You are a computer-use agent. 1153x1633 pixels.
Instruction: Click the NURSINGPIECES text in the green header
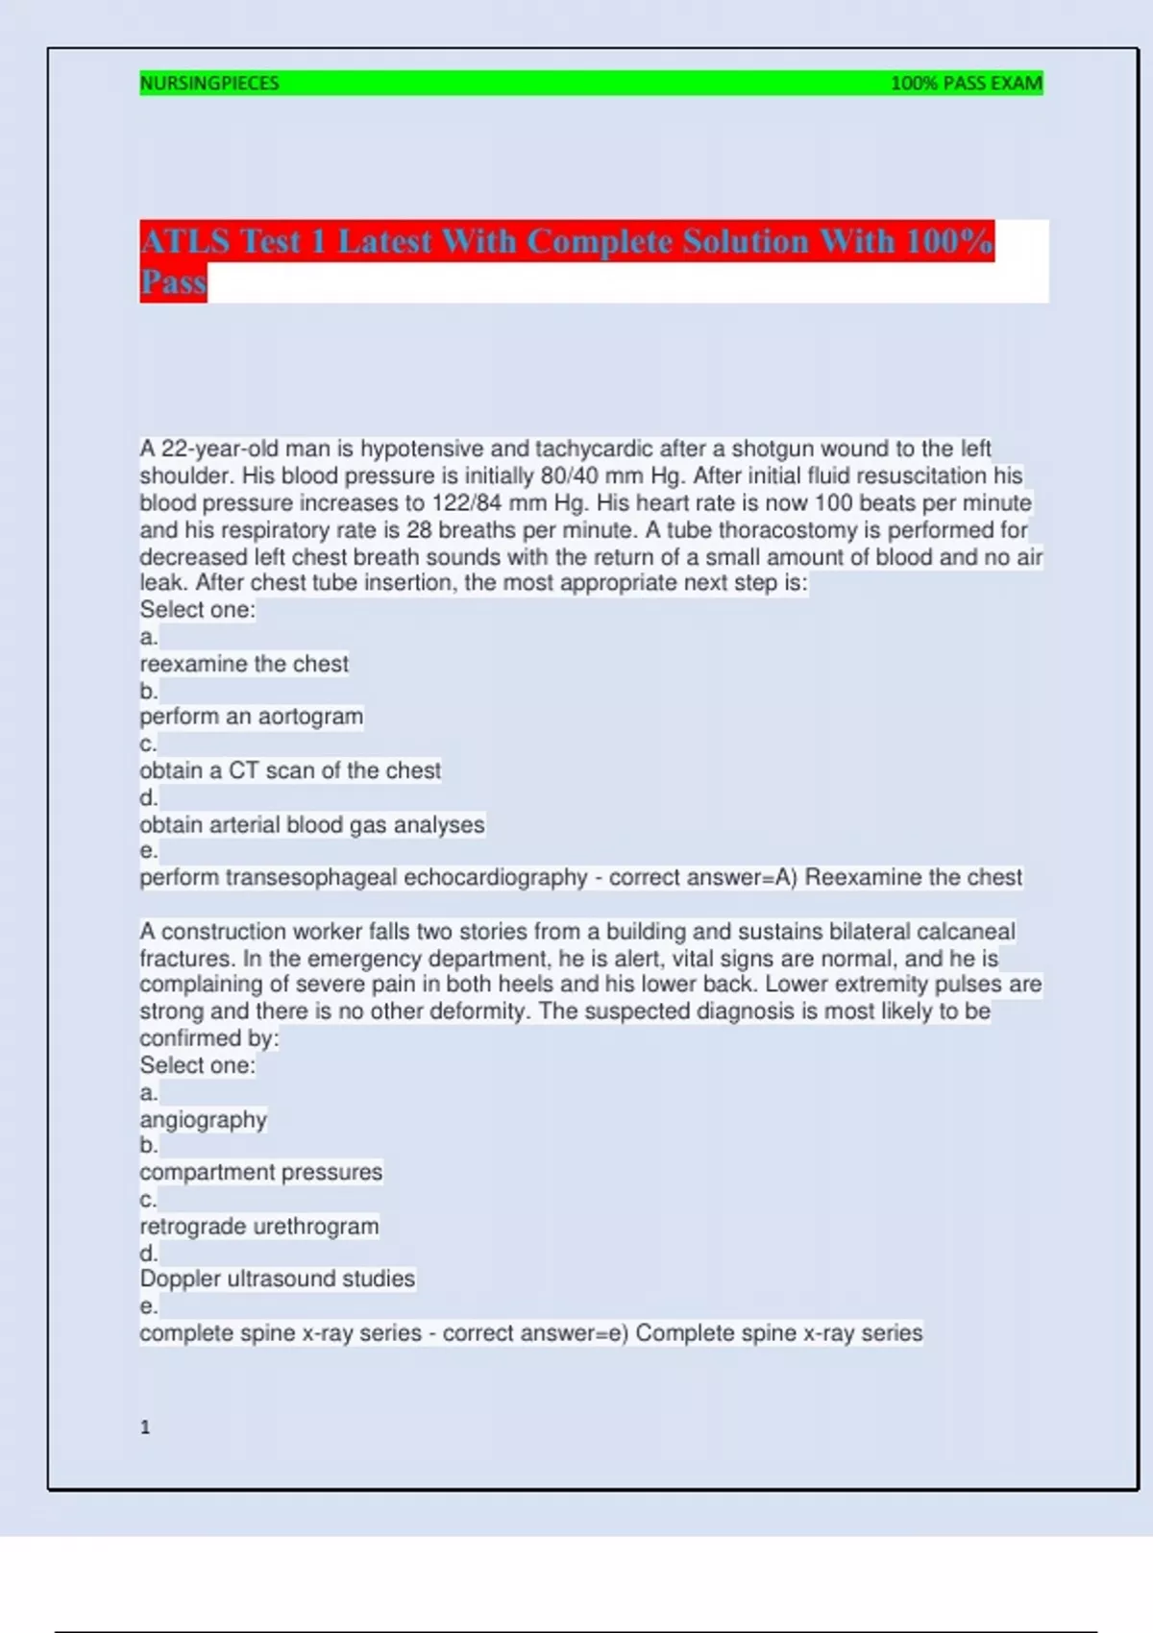tap(209, 84)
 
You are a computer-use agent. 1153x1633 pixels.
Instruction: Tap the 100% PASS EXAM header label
tap(966, 84)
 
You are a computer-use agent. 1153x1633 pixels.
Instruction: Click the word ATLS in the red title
tap(185, 241)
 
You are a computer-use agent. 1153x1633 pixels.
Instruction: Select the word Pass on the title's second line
tap(174, 282)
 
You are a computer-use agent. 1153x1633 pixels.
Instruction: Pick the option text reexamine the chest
tap(244, 664)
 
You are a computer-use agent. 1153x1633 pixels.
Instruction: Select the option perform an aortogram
tap(252, 717)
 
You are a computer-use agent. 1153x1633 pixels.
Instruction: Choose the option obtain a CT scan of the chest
tap(290, 770)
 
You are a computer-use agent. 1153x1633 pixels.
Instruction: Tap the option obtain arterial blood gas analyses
tap(312, 825)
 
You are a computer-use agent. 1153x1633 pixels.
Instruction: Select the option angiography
tap(204, 1120)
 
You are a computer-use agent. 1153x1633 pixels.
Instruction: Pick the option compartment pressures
tap(261, 1173)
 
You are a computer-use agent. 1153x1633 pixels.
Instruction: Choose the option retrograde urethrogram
tap(259, 1227)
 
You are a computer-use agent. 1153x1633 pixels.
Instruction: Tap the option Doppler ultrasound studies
tap(278, 1280)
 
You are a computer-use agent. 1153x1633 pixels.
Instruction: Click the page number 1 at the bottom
tap(145, 1427)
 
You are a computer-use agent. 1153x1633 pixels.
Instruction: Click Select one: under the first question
tap(198, 610)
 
